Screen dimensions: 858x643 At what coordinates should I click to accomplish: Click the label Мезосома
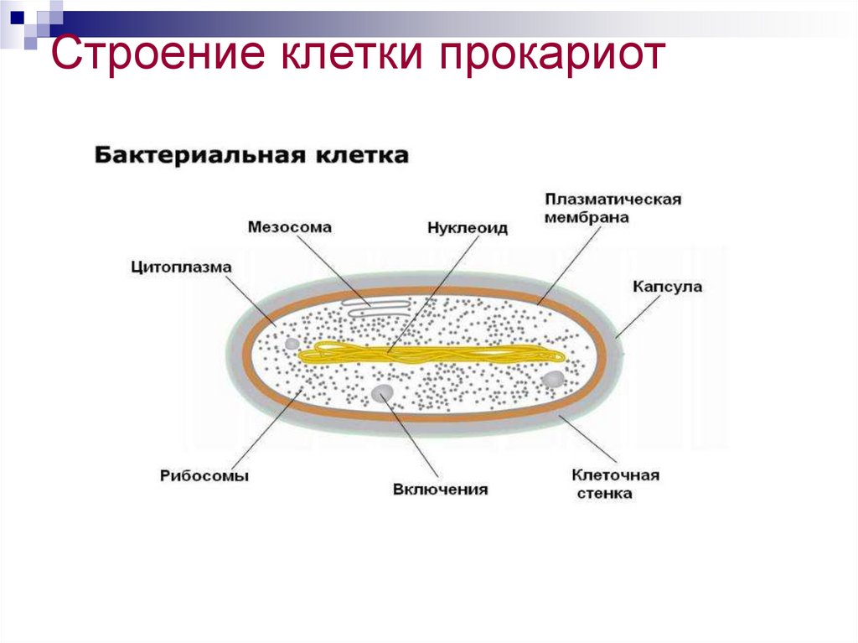[x=290, y=227]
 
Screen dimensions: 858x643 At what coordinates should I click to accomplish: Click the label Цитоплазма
[x=181, y=267]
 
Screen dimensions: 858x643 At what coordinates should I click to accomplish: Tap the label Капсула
[x=667, y=287]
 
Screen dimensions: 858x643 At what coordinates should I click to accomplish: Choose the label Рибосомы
[x=204, y=475]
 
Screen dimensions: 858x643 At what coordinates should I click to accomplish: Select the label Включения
[x=440, y=489]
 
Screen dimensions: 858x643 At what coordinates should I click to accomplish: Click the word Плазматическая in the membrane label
[x=612, y=200]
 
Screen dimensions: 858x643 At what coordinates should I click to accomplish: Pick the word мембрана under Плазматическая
[x=587, y=217]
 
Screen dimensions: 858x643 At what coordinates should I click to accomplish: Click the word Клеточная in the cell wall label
[x=615, y=475]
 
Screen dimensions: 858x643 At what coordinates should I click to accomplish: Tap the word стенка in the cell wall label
[x=604, y=494]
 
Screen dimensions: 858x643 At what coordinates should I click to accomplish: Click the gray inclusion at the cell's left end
[x=291, y=344]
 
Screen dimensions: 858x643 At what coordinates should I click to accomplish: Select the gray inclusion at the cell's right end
[x=553, y=380]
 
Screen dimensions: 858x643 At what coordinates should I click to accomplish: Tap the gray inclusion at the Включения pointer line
[x=382, y=392]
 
